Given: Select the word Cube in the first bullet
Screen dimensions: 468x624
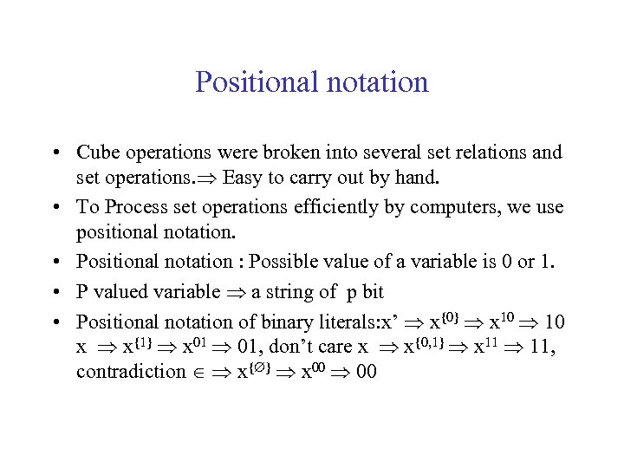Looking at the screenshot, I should (x=95, y=153).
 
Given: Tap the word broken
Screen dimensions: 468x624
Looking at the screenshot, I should (x=285, y=153).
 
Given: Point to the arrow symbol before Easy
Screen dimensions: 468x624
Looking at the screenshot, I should (x=208, y=179).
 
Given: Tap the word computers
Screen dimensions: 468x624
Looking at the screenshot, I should (x=452, y=207).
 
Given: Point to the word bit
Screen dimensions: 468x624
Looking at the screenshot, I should (x=370, y=292).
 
